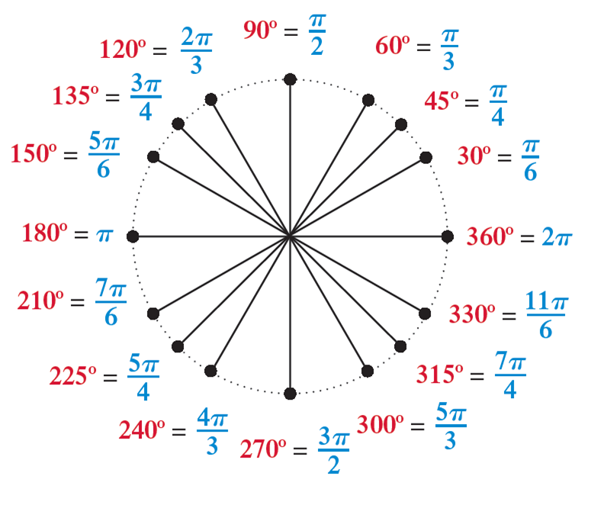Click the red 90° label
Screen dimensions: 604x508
pos(260,31)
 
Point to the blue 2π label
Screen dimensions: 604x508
pos(557,237)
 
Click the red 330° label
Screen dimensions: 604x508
pos(473,313)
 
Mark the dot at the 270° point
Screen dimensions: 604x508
pos(290,394)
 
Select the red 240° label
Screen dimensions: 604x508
pos(143,431)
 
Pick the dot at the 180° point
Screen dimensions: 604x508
pos(133,237)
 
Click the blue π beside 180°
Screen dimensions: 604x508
pos(104,234)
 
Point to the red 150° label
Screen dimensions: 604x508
pos(34,154)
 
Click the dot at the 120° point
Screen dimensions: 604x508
pos(211,100)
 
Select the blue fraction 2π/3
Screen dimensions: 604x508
pos(196,51)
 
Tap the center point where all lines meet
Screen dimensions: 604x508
pos(290,237)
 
